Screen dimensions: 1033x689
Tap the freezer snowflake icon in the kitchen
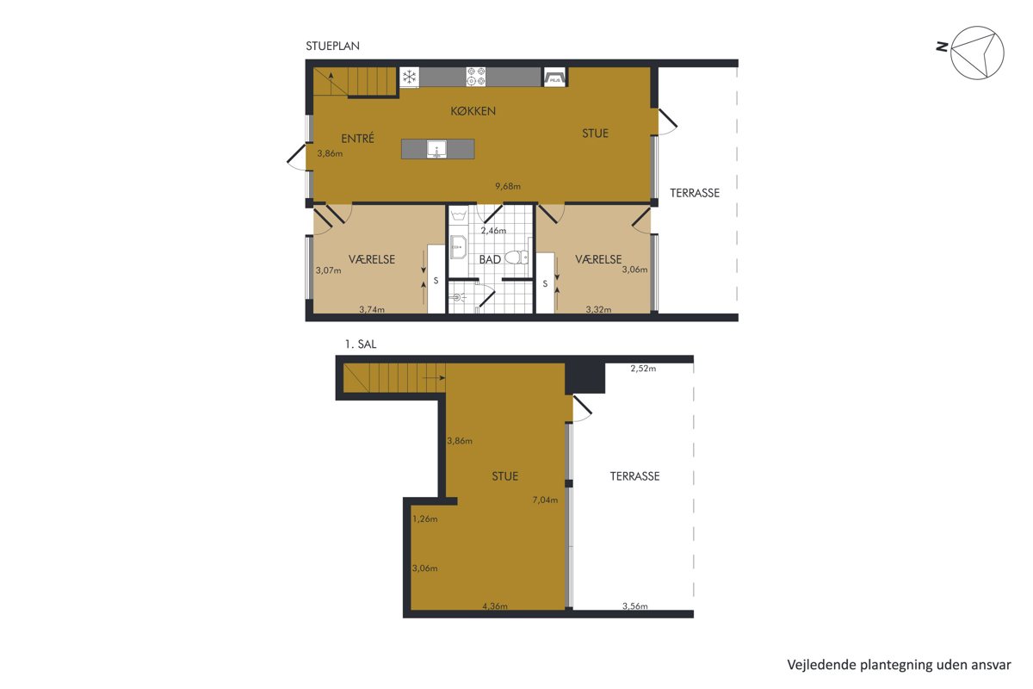409,77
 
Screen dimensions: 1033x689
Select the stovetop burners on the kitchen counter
476,77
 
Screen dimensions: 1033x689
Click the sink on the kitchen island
436,149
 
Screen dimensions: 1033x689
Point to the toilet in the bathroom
517,257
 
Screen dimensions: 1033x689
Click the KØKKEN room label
473,111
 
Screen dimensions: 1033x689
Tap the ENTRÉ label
357,138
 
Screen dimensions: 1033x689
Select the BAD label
490,259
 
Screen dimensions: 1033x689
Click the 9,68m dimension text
508,186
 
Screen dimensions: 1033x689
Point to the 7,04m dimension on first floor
545,500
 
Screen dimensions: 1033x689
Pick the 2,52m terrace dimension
643,369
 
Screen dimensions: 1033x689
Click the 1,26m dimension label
424,518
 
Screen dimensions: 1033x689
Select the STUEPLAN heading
332,46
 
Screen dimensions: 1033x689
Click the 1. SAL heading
361,344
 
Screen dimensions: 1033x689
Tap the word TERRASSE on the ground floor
695,193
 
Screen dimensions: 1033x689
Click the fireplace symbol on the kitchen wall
554,77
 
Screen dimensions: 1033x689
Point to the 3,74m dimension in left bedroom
372,310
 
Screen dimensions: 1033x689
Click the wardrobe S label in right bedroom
545,284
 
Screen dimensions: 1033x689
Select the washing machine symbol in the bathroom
458,216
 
